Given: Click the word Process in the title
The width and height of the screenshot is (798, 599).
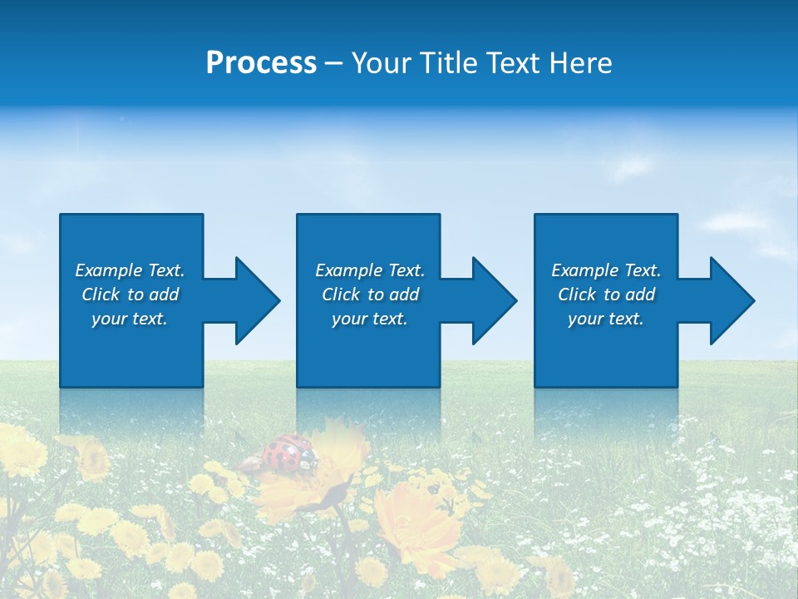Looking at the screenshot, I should click(x=261, y=63).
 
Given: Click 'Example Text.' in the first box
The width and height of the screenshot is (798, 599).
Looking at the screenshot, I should click(x=130, y=270).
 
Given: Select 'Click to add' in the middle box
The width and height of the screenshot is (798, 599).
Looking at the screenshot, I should click(x=370, y=295).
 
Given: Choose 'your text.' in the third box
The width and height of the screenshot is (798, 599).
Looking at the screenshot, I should click(x=606, y=319).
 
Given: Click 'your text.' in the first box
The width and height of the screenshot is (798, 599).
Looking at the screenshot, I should click(x=130, y=319).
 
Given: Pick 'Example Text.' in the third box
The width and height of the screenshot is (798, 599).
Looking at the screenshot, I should click(x=606, y=270).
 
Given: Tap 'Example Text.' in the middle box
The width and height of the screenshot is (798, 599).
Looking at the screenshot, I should click(x=370, y=270).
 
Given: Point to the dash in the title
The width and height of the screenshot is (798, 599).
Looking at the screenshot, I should click(x=333, y=63).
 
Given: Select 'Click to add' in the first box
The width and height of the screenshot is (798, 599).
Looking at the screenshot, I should click(x=130, y=295).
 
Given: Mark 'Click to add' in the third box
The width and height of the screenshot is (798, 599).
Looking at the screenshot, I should click(x=606, y=295).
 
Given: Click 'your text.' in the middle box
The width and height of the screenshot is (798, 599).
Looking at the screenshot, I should click(x=370, y=319).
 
